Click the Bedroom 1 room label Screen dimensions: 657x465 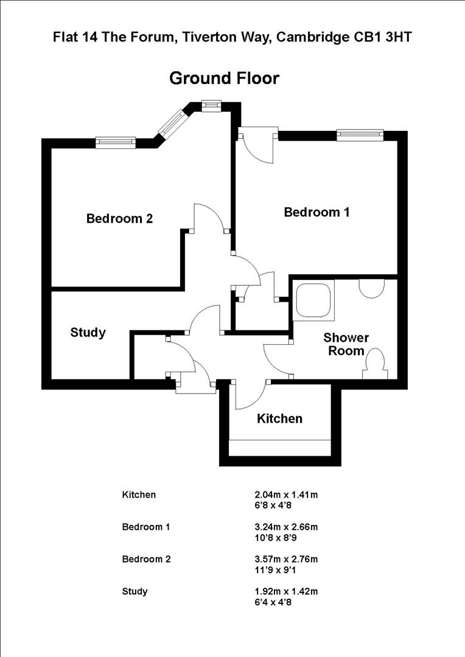pos(316,212)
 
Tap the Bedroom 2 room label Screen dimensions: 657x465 pos(119,218)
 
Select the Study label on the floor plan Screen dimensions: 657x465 pos(88,333)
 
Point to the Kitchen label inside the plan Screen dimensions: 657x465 pos(279,419)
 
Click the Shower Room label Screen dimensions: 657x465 pos(346,344)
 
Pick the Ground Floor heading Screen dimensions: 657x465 pos(224,78)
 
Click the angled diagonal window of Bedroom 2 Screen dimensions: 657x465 pos(172,123)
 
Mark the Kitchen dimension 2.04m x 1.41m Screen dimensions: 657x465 pos(286,495)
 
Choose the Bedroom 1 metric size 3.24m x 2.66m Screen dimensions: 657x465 pos(286,527)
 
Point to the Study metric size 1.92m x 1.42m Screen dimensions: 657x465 pos(286,591)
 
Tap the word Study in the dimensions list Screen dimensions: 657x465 pos(135,591)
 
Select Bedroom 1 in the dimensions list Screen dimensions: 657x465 pos(146,527)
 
